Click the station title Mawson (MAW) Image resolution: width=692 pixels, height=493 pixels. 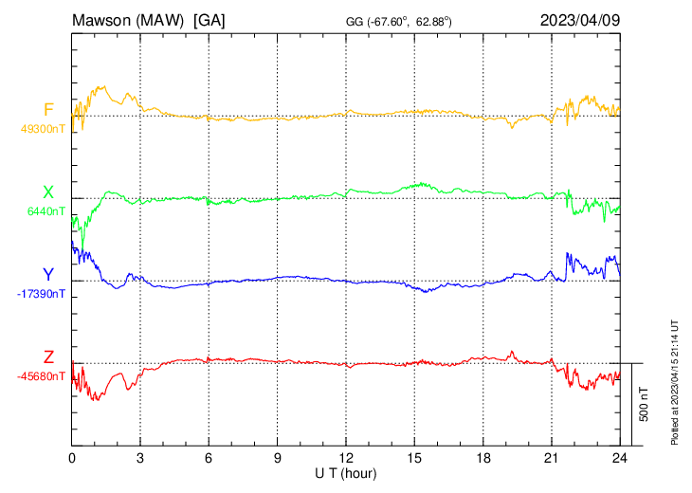(x=128, y=20)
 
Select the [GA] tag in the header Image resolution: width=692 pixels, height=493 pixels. (x=209, y=20)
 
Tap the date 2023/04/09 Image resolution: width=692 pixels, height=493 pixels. (x=580, y=20)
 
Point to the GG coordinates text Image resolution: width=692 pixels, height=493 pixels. (x=398, y=22)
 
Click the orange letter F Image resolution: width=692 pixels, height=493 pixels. (x=48, y=109)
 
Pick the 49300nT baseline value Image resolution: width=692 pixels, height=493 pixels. (x=43, y=129)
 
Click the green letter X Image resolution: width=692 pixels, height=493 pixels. (x=48, y=192)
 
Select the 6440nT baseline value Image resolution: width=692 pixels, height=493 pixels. (x=46, y=211)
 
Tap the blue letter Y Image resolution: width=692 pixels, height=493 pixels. (x=48, y=275)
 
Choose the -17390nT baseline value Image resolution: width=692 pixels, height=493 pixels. (x=41, y=294)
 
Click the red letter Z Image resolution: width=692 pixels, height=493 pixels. (x=48, y=356)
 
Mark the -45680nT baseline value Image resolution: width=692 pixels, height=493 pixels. (x=41, y=376)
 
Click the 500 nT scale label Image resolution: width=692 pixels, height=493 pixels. (x=644, y=404)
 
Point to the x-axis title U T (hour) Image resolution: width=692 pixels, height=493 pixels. (x=346, y=474)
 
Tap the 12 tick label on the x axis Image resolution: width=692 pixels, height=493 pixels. (x=346, y=458)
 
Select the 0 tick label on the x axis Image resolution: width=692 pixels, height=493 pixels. (x=72, y=458)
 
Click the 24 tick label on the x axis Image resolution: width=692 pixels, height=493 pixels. (x=620, y=458)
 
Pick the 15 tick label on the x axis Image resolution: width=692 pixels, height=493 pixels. (x=414, y=458)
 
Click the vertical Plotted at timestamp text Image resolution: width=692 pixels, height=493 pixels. (x=675, y=382)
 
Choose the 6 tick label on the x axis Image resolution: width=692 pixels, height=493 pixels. (x=209, y=458)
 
